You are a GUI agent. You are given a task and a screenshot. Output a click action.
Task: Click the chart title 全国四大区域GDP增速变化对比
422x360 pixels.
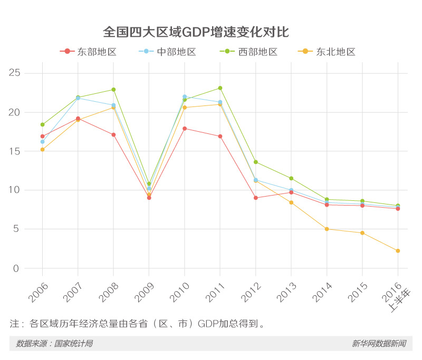pyautogui.click(x=196, y=32)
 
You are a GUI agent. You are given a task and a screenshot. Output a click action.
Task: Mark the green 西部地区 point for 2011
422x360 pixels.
pyautogui.click(x=220, y=88)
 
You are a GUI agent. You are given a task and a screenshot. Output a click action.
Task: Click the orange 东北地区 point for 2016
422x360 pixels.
pyautogui.click(x=398, y=251)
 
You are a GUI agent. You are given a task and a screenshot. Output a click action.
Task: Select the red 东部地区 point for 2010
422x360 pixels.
pyautogui.click(x=185, y=129)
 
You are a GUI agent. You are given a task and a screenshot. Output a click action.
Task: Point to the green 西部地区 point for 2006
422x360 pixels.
pyautogui.click(x=42, y=125)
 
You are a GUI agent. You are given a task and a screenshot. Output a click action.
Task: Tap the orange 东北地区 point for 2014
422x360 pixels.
pyautogui.click(x=327, y=229)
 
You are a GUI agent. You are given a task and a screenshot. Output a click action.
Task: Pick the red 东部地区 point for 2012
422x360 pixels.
pyautogui.click(x=255, y=198)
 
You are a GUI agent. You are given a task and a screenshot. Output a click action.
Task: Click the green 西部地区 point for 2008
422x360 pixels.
pyautogui.click(x=113, y=90)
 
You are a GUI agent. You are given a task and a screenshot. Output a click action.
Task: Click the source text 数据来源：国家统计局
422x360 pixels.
pyautogui.click(x=54, y=344)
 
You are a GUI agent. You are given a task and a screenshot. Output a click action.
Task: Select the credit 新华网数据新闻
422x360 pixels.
pyautogui.click(x=379, y=344)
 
